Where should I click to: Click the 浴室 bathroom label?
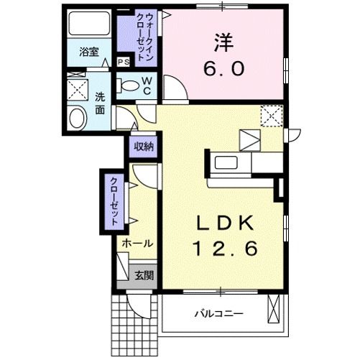[x=89, y=52]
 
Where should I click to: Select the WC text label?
[x=146, y=86]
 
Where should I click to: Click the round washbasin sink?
[x=75, y=119]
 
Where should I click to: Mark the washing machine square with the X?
[x=76, y=91]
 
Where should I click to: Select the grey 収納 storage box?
[x=144, y=147]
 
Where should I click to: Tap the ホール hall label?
[x=137, y=244]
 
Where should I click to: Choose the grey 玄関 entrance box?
[x=144, y=274]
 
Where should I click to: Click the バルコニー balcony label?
[x=219, y=314]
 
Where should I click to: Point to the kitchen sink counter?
[x=229, y=162]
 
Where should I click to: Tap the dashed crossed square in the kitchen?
[x=271, y=115]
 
